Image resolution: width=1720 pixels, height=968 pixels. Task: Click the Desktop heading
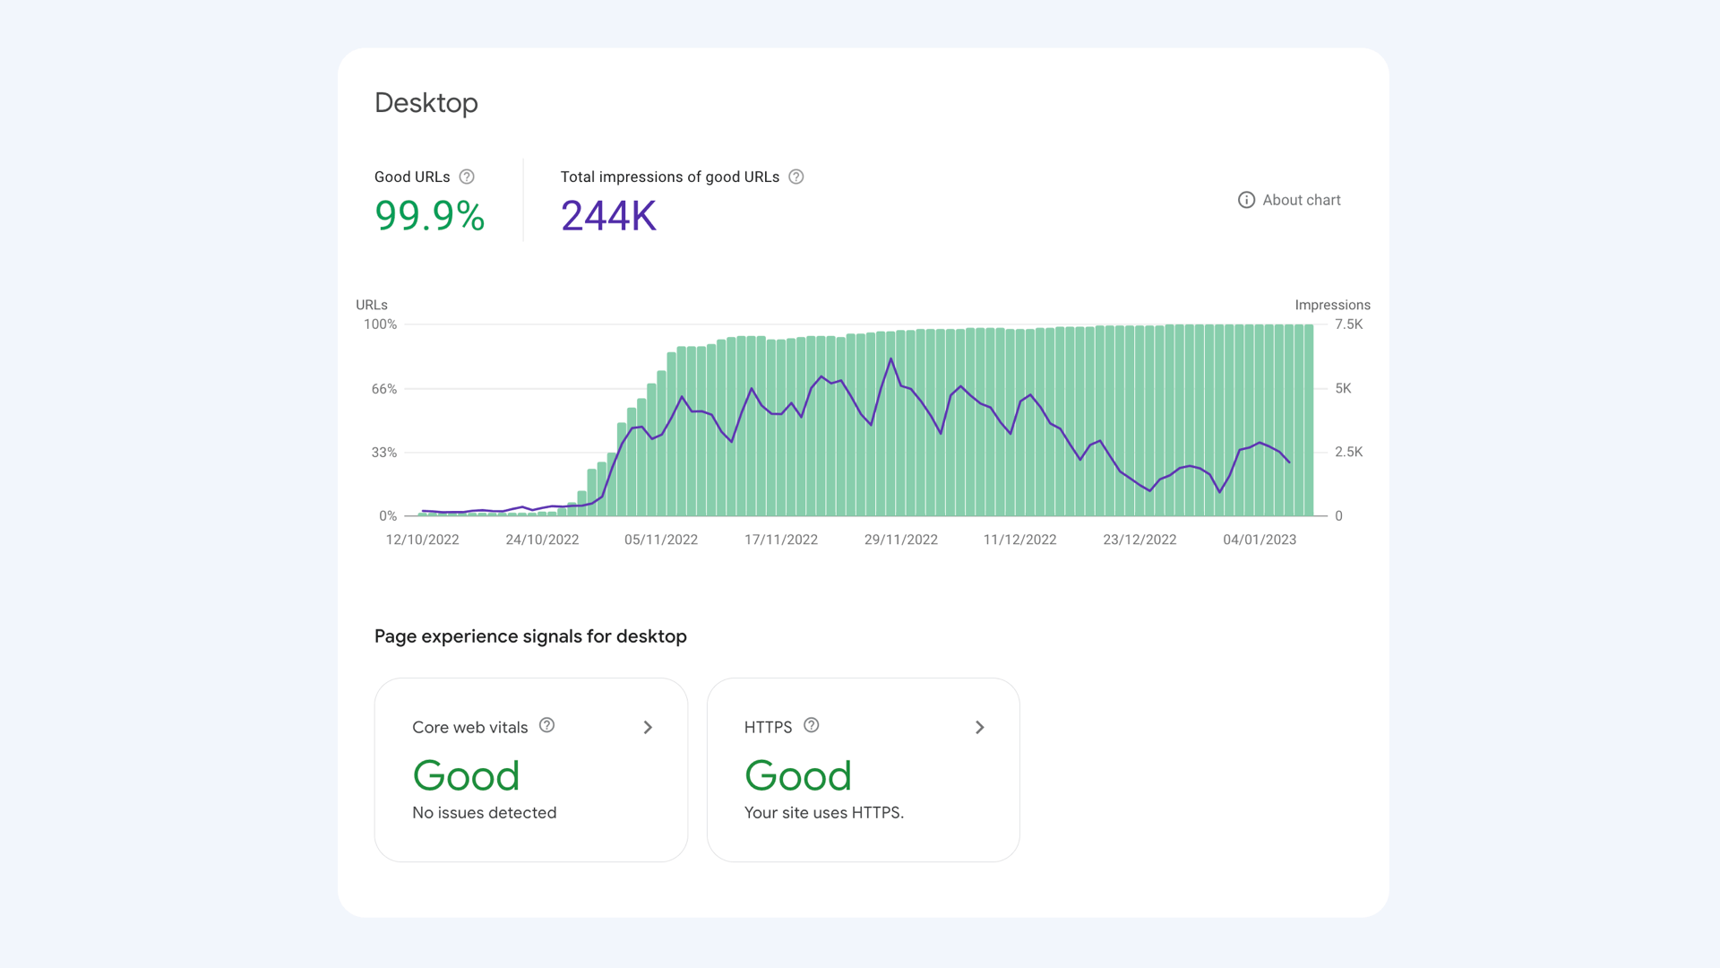[x=426, y=103]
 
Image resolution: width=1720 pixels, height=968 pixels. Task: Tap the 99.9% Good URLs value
[x=429, y=216]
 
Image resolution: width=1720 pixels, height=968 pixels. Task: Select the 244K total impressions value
[x=608, y=216]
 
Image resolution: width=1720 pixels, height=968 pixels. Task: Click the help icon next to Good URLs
[x=467, y=177]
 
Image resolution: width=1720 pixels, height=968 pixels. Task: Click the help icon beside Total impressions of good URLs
[x=795, y=177]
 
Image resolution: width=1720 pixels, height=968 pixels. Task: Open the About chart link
[x=1289, y=200]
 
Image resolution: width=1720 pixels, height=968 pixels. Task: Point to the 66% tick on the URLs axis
[x=384, y=389]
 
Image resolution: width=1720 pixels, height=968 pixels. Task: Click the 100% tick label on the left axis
[x=380, y=324]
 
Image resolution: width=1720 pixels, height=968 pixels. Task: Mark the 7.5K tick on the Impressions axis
[x=1348, y=324]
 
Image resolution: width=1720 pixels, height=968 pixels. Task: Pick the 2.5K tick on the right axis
[x=1348, y=452]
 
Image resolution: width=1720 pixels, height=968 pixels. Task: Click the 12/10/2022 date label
[x=422, y=540]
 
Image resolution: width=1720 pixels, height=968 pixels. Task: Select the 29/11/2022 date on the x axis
[x=900, y=540]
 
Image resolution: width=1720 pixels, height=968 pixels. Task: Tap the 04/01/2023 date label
[x=1260, y=540]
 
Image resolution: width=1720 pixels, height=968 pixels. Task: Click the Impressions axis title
[x=1332, y=305]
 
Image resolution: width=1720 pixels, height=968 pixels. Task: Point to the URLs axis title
[x=372, y=305]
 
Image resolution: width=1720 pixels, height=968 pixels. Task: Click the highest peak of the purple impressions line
[x=890, y=359]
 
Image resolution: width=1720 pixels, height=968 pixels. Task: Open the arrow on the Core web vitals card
[x=648, y=727]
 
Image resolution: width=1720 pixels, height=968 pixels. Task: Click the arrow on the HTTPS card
[x=980, y=727]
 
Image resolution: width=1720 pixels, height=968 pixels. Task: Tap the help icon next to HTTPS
[x=811, y=725]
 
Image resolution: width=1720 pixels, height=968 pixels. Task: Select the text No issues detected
[x=484, y=813]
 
